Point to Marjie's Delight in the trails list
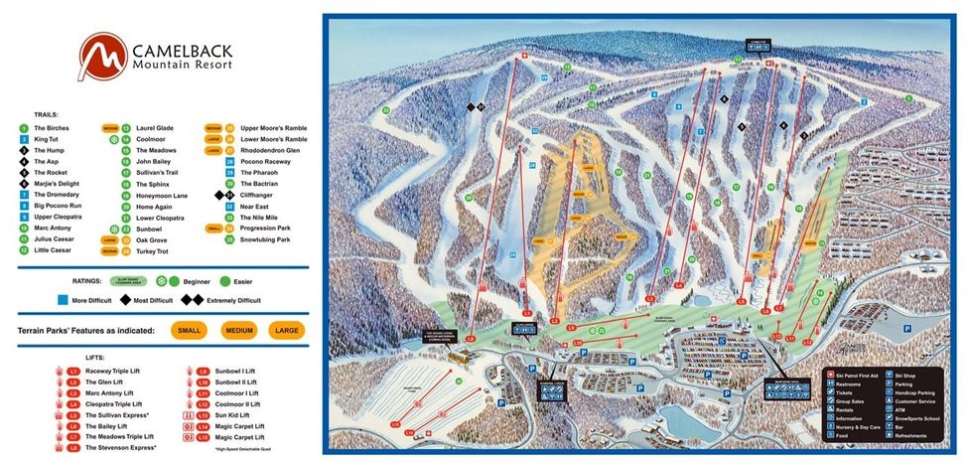(58, 184)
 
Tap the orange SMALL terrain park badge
(189, 330)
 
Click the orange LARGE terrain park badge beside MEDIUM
(286, 330)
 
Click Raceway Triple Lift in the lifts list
(118, 371)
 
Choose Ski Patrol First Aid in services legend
(860, 375)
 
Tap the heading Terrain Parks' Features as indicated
(90, 330)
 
